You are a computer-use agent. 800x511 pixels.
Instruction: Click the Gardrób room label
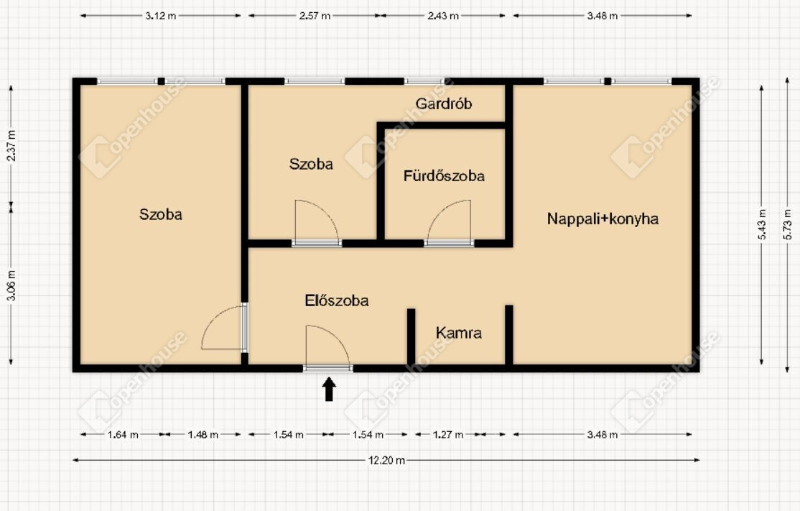[443, 104]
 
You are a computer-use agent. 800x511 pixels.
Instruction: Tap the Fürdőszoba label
[444, 176]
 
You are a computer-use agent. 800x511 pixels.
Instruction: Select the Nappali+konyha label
[603, 219]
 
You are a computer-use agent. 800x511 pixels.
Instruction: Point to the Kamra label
[459, 333]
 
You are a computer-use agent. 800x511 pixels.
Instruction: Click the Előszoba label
[337, 300]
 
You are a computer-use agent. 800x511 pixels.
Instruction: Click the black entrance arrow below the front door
[329, 389]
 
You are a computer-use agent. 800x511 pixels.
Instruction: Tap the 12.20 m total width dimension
[387, 461]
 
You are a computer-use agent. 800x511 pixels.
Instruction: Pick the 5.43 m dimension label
[762, 224]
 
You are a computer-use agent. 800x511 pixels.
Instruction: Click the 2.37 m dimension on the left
[11, 145]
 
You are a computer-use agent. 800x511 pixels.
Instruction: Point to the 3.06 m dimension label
[11, 285]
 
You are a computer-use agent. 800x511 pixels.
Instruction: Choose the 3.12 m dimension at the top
[161, 16]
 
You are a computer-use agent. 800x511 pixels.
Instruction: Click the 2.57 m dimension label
[315, 16]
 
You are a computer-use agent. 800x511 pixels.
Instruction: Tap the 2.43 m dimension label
[443, 16]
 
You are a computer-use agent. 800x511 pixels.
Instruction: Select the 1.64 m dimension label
[123, 435]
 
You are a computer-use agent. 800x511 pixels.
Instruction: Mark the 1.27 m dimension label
[448, 435]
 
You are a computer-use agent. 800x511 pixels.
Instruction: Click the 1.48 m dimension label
[203, 435]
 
